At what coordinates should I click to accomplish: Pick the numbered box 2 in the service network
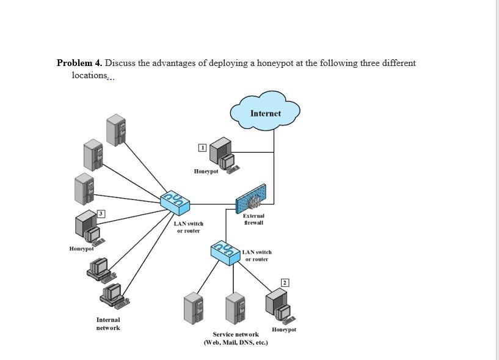tap(285, 282)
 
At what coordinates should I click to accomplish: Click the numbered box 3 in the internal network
tap(102, 213)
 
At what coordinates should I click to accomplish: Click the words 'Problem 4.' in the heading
tap(80, 63)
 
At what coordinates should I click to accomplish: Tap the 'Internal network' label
tap(108, 324)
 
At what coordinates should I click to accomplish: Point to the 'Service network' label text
tap(236, 334)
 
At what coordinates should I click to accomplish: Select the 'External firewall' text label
tap(253, 219)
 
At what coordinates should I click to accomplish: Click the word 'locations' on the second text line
tap(89, 75)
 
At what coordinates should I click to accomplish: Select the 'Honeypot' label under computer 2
tap(284, 329)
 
